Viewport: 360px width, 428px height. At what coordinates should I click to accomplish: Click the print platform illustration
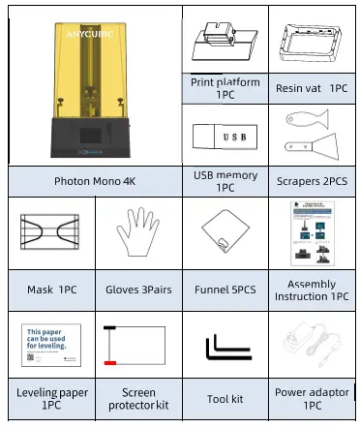coord(224,43)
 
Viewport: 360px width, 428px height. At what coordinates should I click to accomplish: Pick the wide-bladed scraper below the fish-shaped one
coord(312,150)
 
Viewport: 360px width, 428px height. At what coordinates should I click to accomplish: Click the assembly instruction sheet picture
coord(312,235)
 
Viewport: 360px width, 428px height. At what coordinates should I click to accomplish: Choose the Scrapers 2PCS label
coord(312,181)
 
